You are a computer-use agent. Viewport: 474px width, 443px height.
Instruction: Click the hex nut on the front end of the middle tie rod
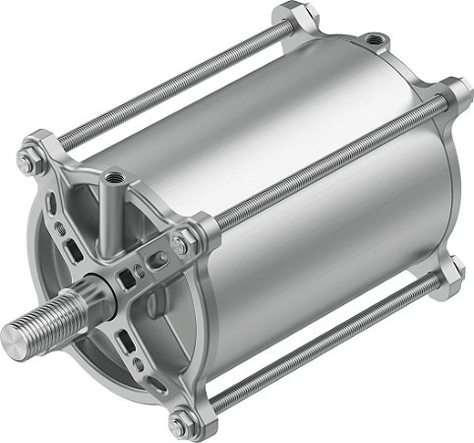coord(182,242)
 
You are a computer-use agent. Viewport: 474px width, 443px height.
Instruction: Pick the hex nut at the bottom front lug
coord(177,425)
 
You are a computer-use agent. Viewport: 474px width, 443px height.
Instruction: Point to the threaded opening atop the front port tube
coord(116,178)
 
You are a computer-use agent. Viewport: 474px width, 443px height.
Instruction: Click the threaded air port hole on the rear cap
coord(374,40)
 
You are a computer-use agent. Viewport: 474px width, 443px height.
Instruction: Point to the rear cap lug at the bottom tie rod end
coord(451,274)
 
